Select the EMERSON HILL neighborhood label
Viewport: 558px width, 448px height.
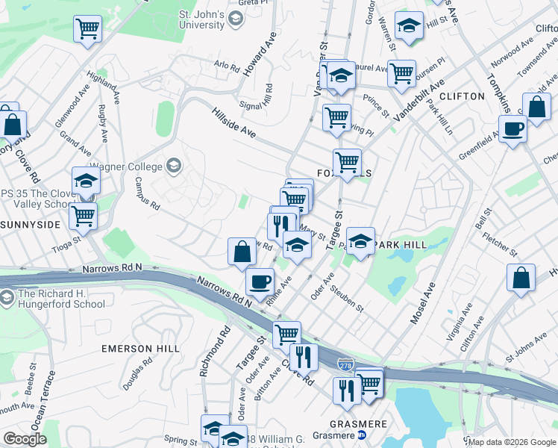(x=140, y=349)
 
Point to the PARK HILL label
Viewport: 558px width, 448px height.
(x=401, y=245)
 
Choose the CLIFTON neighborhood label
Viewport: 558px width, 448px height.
(x=463, y=96)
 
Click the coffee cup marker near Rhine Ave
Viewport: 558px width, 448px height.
(x=260, y=282)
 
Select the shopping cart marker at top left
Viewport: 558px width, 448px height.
(x=87, y=29)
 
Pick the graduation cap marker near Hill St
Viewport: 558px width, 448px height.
(x=409, y=27)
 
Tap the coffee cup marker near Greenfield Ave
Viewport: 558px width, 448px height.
(x=513, y=128)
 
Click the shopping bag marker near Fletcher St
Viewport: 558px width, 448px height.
(x=521, y=277)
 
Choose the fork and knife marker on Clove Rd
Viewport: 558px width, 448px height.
(x=304, y=357)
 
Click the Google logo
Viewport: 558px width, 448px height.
(x=25, y=440)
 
